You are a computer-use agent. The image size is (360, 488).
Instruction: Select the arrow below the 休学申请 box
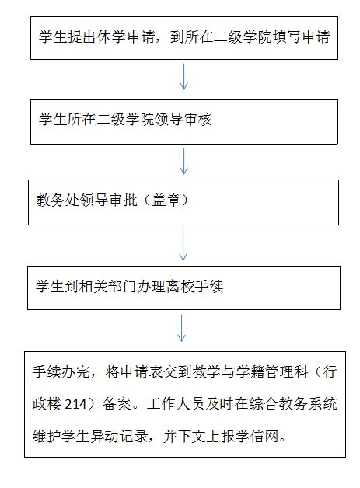pos(184,77)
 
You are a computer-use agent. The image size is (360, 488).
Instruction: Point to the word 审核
pos(198,120)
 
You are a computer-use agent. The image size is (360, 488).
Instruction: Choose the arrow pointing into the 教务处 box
pos(183,161)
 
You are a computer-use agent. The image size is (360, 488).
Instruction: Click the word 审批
pos(124,200)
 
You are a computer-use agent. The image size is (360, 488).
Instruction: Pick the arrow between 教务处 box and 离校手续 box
pos(183,244)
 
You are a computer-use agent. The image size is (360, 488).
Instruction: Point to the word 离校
pos(180,286)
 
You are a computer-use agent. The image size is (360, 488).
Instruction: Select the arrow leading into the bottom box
pos(182,328)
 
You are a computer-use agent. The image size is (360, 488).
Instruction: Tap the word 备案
pos(117,403)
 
